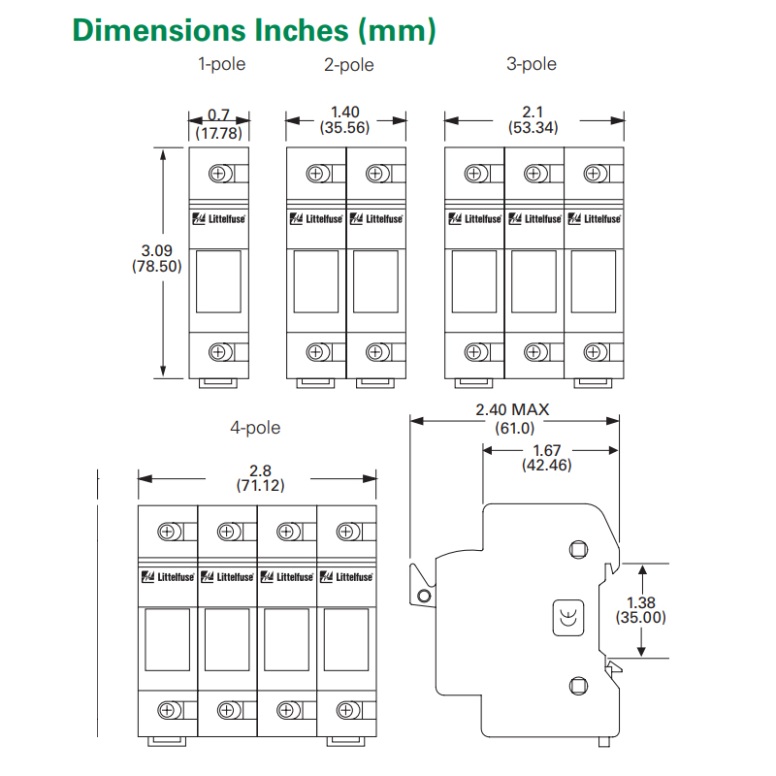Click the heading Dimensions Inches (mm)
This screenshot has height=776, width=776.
(x=254, y=30)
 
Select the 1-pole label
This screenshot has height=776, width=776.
(x=222, y=64)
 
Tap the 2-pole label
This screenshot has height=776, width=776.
(x=349, y=65)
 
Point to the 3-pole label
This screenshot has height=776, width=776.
(x=532, y=64)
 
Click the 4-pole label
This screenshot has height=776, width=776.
(x=255, y=428)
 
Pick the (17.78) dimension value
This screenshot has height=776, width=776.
(x=219, y=133)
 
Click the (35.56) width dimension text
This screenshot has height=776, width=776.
(x=345, y=128)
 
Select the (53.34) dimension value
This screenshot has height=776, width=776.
(x=533, y=128)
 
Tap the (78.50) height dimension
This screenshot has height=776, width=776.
(x=157, y=266)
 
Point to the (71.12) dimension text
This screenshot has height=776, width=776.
(x=260, y=485)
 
